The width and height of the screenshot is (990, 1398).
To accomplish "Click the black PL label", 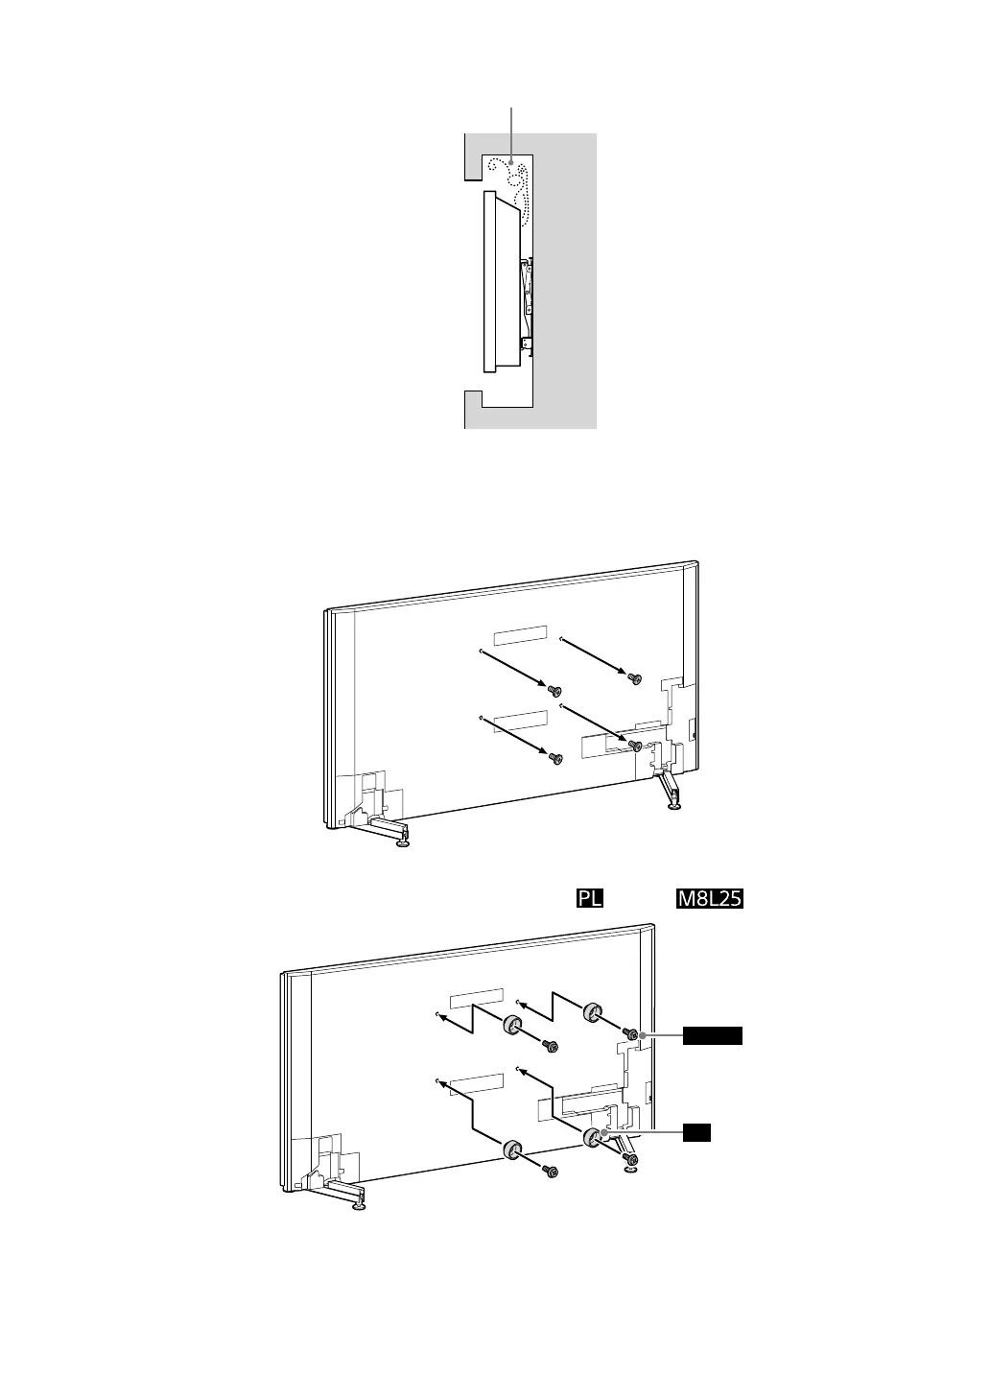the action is pyautogui.click(x=589, y=899).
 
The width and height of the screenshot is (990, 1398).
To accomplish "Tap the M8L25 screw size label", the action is pyautogui.click(x=711, y=899).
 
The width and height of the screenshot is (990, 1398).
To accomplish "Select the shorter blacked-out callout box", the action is pyautogui.click(x=696, y=1133).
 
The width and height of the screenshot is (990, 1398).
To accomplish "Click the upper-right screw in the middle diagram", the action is pyautogui.click(x=634, y=678).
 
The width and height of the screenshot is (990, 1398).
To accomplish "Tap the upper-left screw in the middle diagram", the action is pyautogui.click(x=554, y=691).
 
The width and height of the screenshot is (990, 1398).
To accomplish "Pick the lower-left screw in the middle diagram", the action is pyautogui.click(x=554, y=758).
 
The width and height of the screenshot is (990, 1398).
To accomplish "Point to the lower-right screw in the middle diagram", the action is pyautogui.click(x=634, y=745).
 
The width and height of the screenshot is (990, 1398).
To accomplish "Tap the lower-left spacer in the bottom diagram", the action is pyautogui.click(x=511, y=1149).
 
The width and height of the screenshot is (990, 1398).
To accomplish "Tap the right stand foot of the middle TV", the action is pyautogui.click(x=675, y=804).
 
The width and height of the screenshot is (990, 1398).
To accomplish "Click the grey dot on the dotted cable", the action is pyautogui.click(x=511, y=161).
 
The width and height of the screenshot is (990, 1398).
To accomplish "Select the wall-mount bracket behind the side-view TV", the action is pyautogui.click(x=526, y=302).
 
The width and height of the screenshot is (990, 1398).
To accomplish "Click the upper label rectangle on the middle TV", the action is pyautogui.click(x=520, y=635).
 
